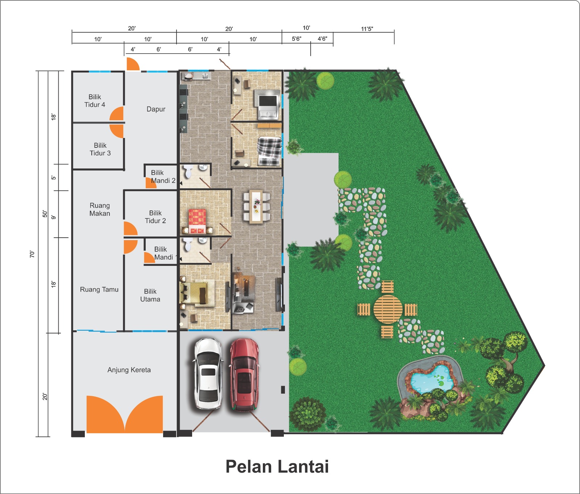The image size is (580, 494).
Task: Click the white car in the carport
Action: [x=207, y=374]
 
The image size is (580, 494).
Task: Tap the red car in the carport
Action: [x=244, y=375]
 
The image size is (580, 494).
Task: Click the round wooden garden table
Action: [x=388, y=309]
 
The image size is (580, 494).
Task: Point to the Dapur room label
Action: [x=156, y=109]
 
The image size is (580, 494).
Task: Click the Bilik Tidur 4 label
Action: [x=95, y=101]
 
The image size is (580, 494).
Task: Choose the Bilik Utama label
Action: [x=150, y=295]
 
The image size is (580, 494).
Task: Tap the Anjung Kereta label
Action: [x=129, y=370]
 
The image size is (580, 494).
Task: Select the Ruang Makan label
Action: [x=100, y=209]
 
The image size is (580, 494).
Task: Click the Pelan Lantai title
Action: [x=277, y=466]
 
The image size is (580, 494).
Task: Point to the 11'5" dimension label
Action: [x=367, y=29]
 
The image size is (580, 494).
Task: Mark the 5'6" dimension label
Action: [x=297, y=39]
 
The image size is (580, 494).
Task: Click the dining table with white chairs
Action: [x=257, y=206]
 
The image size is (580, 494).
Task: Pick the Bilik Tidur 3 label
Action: [x=100, y=149]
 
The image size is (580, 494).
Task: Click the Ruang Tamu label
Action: [x=99, y=289]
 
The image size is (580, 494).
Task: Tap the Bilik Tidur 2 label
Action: [x=156, y=217]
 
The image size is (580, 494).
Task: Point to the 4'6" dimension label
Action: [x=322, y=39]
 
